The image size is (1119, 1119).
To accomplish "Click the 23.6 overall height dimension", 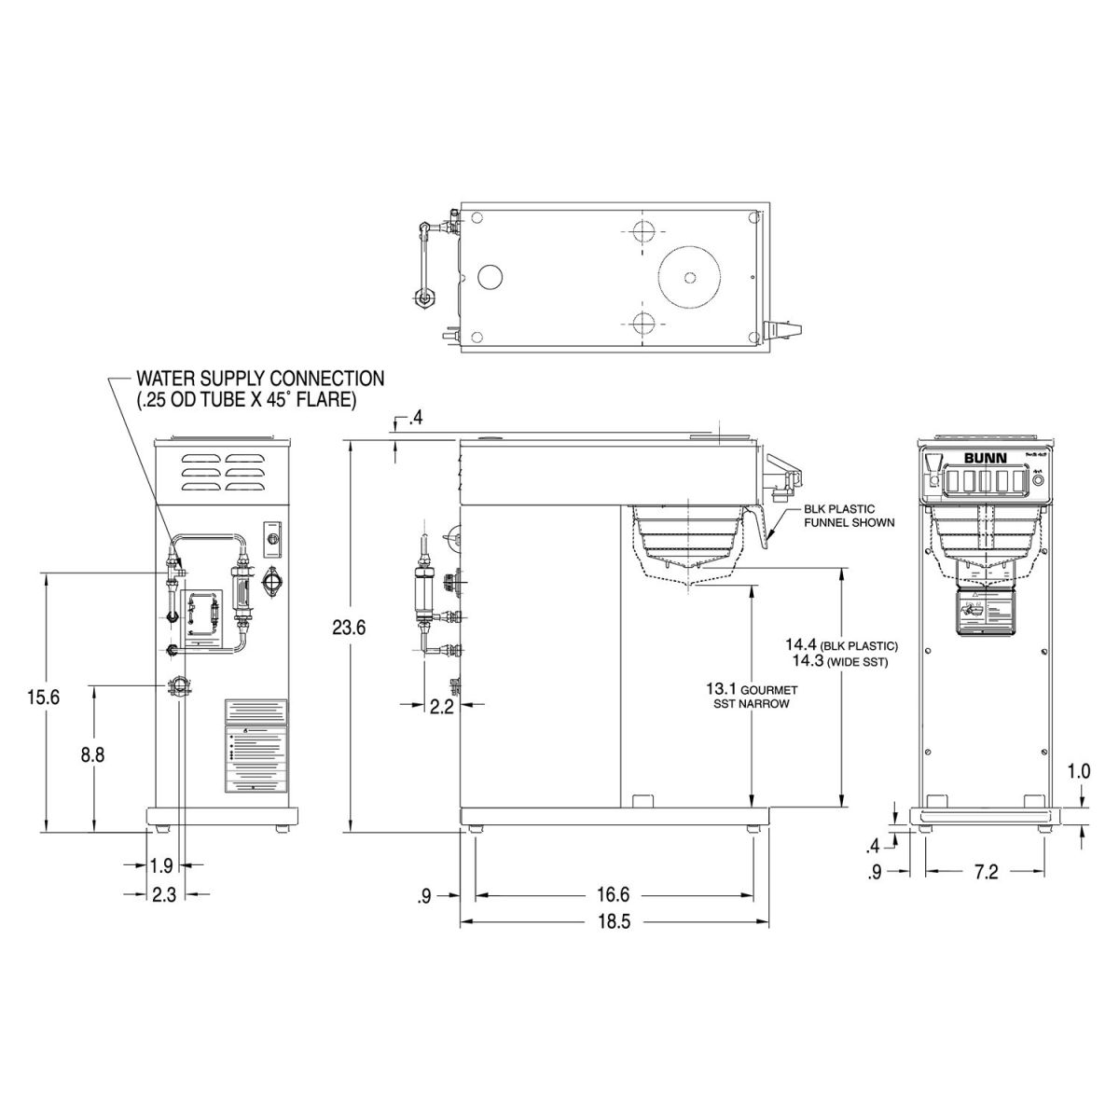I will [349, 628].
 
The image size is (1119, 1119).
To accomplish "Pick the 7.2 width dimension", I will [986, 872].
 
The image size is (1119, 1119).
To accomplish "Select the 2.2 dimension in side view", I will [442, 707].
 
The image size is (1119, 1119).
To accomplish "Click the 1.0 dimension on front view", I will [1079, 772].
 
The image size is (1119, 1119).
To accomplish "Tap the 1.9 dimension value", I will [160, 865].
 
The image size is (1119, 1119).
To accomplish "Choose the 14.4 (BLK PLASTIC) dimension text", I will [840, 645].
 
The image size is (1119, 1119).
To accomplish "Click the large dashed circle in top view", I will [690, 276].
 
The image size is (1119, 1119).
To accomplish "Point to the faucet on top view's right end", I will [781, 329].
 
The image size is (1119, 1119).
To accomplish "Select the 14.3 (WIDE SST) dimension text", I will [835, 661].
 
